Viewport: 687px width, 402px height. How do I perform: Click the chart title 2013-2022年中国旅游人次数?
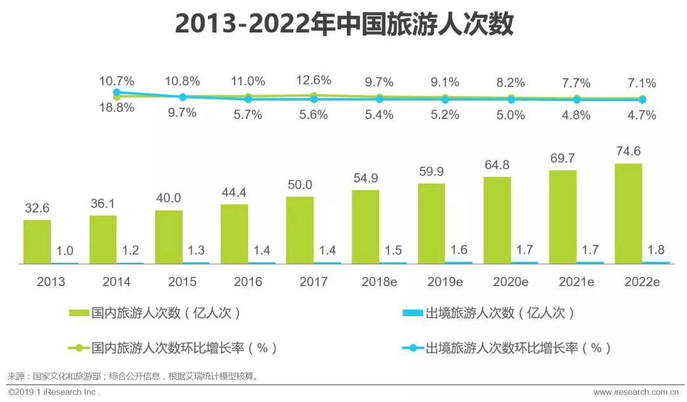[343, 25]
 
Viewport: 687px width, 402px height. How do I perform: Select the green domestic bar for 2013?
[37, 242]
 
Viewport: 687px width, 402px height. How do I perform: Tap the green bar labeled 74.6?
[628, 213]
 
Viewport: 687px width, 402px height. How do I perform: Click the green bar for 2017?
[300, 230]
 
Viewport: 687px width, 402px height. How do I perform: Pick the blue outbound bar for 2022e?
[656, 262]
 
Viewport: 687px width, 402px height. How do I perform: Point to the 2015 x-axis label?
[182, 282]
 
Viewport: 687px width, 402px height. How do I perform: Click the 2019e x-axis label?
[445, 282]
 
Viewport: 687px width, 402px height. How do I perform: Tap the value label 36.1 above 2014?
[102, 203]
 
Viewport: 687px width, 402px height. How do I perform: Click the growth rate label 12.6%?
[314, 80]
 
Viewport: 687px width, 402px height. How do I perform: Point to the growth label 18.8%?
[116, 107]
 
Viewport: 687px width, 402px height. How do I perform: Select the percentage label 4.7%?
[642, 115]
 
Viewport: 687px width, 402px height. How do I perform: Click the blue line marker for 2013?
[116, 92]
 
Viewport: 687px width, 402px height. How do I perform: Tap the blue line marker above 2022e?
[642, 100]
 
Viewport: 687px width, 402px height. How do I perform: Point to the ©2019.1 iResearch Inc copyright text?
[53, 392]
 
